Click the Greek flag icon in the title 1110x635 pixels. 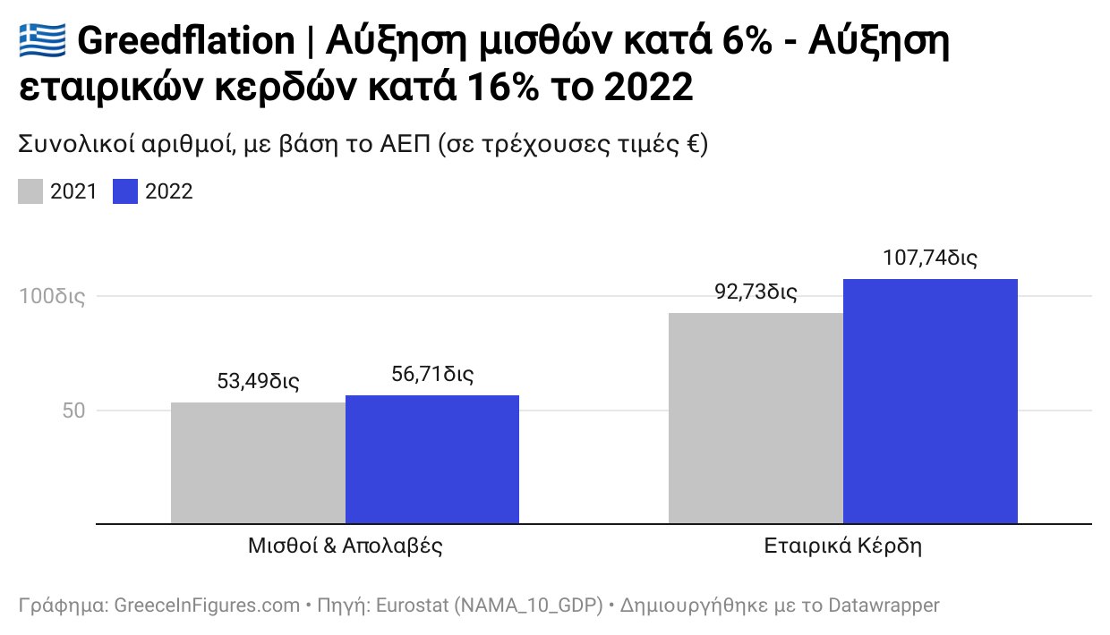pos(42,41)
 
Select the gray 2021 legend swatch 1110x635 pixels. pos(30,191)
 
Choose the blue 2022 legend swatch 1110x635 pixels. pos(125,191)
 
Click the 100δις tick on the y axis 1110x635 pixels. pos(52,296)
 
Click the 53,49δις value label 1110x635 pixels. pos(258,381)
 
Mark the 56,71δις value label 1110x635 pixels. pos(432,374)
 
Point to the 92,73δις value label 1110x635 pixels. pos(756,292)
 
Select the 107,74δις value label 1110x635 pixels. pos(930,258)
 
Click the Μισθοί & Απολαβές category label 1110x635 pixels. pos(346,546)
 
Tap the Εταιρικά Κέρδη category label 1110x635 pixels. pos(842,546)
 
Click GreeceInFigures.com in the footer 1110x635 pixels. pos(208,605)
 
